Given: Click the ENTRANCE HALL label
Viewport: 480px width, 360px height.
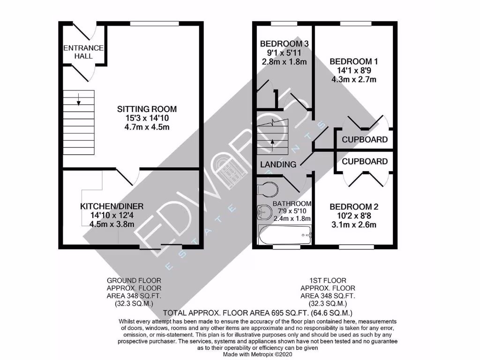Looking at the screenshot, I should click(83, 52).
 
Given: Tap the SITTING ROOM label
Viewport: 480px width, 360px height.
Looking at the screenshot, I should click(147, 109).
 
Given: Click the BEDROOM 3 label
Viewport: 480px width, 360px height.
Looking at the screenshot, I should click(284, 44).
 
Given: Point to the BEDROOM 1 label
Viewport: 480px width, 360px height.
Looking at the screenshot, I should click(354, 61).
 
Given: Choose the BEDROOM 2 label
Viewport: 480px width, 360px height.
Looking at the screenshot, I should click(354, 207).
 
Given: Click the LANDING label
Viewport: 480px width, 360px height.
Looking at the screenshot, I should click(278, 165).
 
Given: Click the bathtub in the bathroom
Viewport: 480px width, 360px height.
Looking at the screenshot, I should click(285, 232).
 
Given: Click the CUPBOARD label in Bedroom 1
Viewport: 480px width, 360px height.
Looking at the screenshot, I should click(365, 140).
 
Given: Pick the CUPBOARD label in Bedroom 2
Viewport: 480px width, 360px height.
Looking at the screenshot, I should click(365, 161).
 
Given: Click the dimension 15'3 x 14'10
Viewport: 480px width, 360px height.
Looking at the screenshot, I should click(147, 118).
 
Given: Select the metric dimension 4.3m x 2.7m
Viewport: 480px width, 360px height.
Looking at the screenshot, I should click(354, 79).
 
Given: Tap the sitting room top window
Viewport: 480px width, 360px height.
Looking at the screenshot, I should click(154, 24).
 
